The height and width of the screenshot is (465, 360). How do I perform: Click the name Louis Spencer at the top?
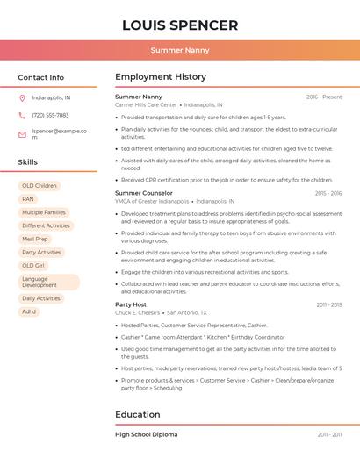180,25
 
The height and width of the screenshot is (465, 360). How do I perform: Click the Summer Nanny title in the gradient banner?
180,50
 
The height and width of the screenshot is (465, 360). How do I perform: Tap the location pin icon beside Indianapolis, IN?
22,98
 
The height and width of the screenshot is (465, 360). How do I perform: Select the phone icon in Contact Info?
22,116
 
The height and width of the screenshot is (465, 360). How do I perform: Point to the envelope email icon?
22,134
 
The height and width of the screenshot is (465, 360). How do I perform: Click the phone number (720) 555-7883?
50,116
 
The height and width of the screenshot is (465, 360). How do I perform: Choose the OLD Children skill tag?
40,186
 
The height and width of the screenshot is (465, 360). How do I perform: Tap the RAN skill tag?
28,199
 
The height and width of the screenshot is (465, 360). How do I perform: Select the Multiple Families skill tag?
44,212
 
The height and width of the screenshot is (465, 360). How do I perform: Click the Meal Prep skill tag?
35,239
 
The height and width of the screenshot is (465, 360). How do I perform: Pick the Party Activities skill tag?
41,252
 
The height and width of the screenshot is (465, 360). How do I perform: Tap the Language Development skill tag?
48,282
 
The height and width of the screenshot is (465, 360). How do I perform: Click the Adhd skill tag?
29,311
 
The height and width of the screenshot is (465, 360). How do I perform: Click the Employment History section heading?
161,77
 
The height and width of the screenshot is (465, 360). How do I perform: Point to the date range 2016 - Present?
324,97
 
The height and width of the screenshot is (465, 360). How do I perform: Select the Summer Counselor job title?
144,193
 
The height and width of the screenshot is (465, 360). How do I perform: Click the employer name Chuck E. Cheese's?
138,312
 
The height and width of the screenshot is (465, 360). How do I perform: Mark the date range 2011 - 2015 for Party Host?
329,304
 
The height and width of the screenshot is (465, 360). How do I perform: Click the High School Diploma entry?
146,434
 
